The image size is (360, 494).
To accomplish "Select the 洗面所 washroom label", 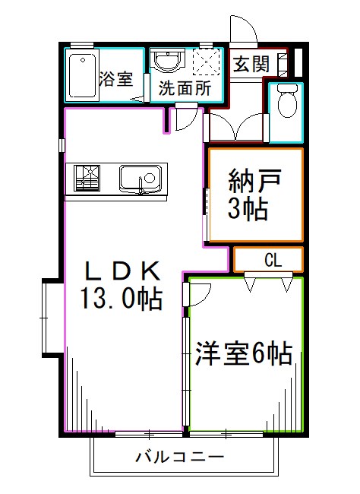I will click(185, 89).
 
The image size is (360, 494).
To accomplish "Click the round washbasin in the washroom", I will click(165, 61).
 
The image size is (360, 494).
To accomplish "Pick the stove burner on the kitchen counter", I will click(86, 179).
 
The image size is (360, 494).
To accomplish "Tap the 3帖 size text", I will click(249, 210).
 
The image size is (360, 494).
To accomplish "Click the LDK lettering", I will click(122, 271).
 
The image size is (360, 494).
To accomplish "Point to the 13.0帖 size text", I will click(122, 299).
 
